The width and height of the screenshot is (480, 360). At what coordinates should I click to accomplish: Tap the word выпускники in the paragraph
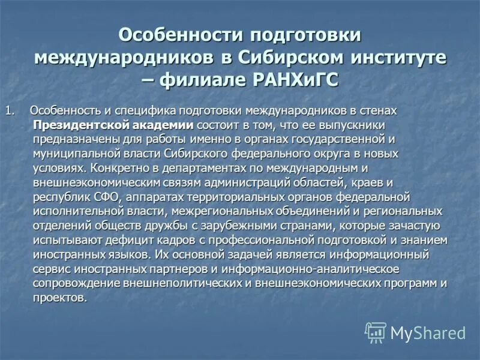(353, 125)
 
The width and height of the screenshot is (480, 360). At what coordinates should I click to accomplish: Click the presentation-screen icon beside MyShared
(376, 332)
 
